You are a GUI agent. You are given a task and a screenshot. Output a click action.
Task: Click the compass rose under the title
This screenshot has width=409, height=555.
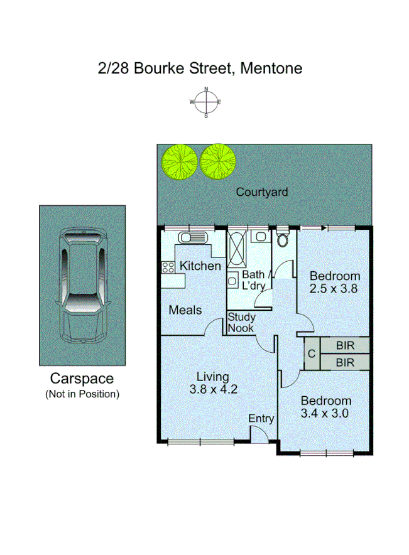(205, 102)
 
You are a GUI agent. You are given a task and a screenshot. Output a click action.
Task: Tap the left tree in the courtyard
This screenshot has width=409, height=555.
(179, 161)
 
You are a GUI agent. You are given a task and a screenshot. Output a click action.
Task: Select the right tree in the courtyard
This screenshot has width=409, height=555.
(219, 161)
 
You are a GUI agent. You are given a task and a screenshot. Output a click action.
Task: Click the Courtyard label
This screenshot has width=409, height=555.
(261, 192)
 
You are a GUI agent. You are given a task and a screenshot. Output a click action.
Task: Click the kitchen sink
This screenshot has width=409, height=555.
(188, 238)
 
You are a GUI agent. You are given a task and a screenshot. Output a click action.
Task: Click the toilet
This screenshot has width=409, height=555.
(283, 239)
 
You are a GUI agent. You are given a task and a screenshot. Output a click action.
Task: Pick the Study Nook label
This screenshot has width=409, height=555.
(241, 323)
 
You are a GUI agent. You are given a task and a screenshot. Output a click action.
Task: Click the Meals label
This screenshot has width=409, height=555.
(185, 310)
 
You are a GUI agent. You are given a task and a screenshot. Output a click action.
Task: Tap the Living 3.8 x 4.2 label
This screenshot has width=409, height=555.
(212, 382)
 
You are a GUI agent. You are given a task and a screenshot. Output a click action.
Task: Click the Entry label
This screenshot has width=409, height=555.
(261, 418)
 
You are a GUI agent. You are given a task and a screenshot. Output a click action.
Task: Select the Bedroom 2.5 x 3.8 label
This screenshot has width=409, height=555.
(335, 283)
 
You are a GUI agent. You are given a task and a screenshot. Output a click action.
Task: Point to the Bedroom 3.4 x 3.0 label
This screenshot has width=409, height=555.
(325, 407)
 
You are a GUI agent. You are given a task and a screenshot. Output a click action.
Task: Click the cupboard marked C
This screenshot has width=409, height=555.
(311, 354)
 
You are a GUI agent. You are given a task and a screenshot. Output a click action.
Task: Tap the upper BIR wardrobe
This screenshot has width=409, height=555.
(345, 345)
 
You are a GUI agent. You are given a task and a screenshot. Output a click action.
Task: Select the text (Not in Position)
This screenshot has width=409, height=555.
(82, 394)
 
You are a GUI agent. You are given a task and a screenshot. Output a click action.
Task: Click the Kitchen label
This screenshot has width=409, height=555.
(200, 266)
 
